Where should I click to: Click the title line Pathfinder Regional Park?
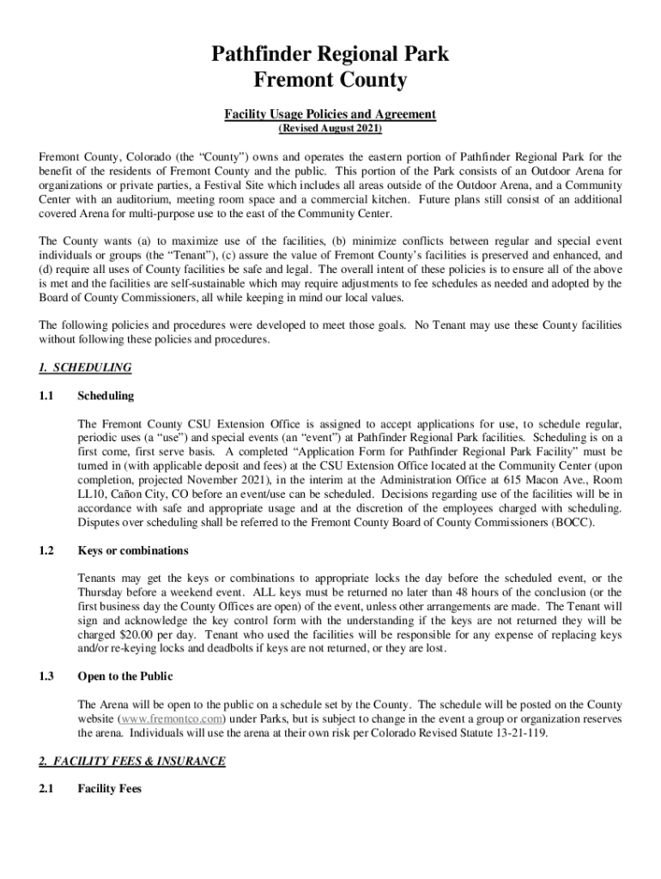point(330,56)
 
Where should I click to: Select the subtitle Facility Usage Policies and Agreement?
point(330,114)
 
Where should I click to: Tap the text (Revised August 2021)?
point(330,130)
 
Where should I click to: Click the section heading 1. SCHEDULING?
point(85,368)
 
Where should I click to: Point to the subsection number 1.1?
point(46,397)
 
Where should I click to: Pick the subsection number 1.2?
point(46,550)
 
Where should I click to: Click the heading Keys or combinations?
point(133,550)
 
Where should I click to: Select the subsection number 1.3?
point(46,676)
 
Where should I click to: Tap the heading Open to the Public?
point(125,676)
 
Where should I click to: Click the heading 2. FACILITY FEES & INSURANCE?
point(132,761)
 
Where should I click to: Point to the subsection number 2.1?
point(46,789)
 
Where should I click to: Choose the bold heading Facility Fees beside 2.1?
point(109,789)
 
